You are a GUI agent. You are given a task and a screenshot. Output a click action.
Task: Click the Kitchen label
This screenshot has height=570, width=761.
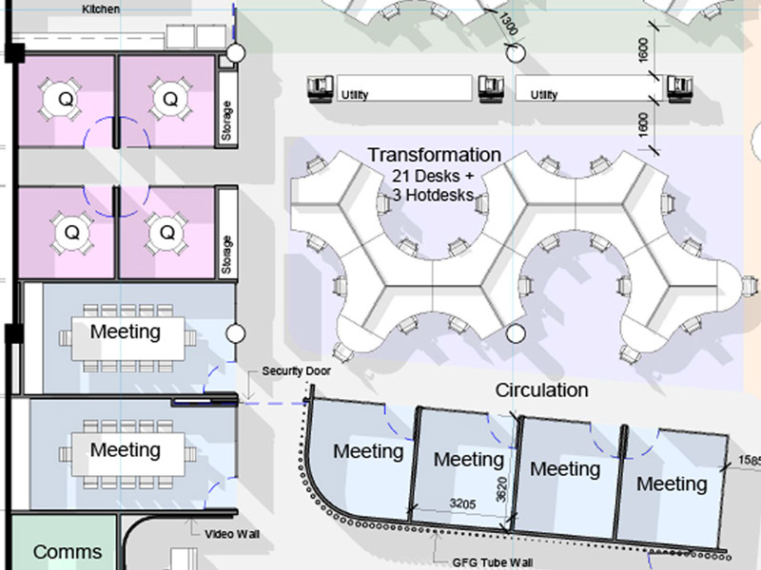coord(101,9)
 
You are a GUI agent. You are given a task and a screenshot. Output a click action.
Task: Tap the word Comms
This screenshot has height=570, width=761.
coord(68,552)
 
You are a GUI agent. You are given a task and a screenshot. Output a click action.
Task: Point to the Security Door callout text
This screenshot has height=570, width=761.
coord(296,371)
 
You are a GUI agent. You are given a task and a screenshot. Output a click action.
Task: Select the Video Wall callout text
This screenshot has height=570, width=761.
coord(232,534)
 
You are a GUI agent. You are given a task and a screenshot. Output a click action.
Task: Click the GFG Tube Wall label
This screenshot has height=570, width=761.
coord(492,562)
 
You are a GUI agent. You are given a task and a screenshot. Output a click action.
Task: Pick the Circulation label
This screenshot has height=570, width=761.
coord(541,390)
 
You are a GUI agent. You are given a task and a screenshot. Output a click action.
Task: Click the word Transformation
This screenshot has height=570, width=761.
coord(435,155)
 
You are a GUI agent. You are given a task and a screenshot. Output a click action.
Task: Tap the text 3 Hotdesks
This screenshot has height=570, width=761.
coord(433,195)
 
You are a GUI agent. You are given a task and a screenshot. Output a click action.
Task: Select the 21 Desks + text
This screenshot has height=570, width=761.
coord(433,175)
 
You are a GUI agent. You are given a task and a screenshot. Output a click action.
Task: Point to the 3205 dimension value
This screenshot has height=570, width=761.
coord(462,504)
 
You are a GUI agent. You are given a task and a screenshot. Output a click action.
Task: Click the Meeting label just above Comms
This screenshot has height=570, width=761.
coord(126,449)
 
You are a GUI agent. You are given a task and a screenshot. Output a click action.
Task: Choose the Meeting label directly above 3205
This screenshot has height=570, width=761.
coord(468,460)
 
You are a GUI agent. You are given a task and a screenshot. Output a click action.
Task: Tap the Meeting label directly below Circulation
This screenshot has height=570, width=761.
coord(565,469)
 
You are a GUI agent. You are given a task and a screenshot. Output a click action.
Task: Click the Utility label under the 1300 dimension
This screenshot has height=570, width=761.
coord(543,94)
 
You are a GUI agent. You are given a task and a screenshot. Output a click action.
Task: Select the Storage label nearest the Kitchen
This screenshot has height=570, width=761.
coord(226,121)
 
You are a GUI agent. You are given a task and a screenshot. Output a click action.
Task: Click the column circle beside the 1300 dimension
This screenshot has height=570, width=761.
coord(516,53)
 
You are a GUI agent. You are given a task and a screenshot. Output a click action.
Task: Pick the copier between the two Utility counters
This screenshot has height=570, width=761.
coord(491,88)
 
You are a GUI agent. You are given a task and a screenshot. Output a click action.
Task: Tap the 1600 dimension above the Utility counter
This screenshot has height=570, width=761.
coord(643,50)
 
